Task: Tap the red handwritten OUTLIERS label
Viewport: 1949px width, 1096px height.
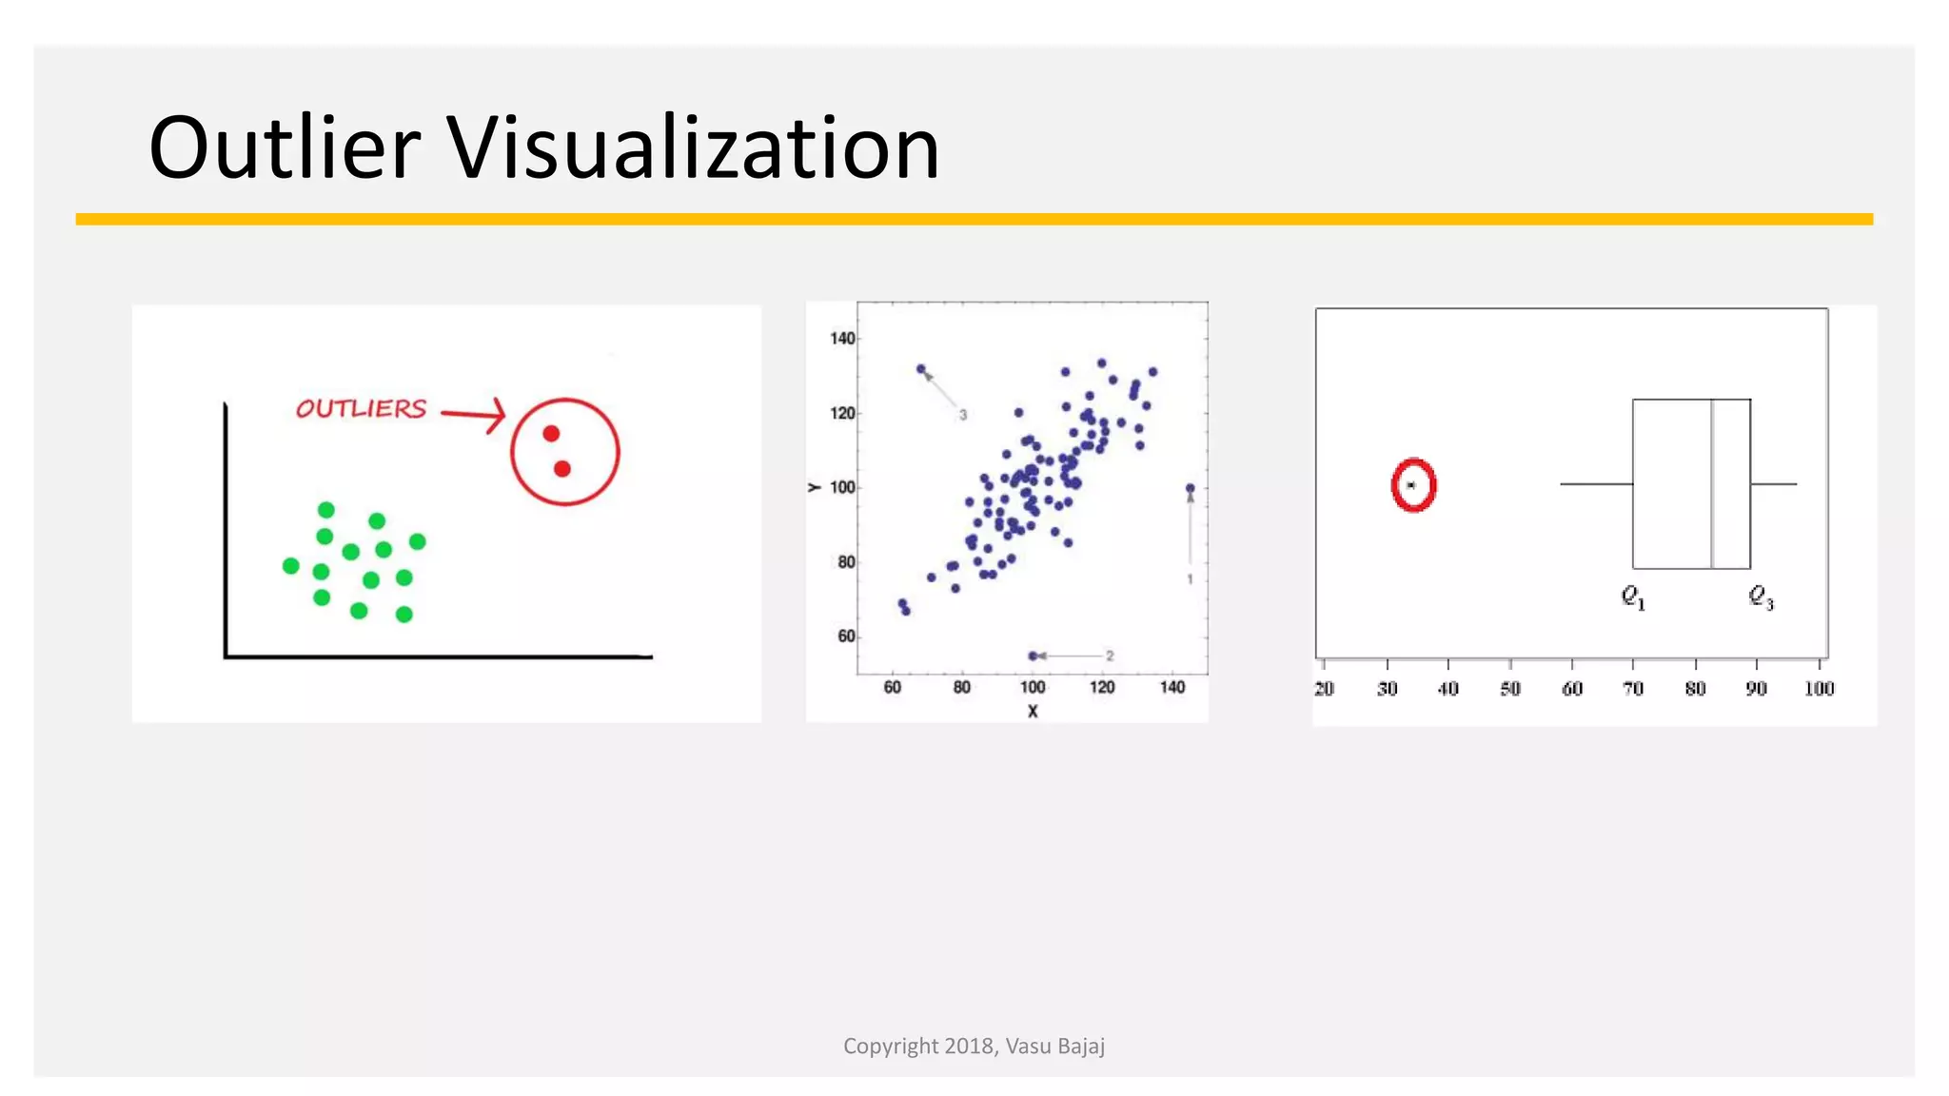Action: tap(362, 409)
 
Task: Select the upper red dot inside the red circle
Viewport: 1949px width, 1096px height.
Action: tap(551, 434)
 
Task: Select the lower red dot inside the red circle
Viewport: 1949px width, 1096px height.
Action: tap(562, 469)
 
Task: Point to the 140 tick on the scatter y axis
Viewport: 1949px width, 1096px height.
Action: tap(842, 339)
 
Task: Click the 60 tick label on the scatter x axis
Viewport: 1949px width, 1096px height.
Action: tap(892, 688)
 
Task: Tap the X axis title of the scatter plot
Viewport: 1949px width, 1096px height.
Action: tap(1033, 712)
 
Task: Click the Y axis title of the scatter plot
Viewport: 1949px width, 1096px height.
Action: tap(815, 487)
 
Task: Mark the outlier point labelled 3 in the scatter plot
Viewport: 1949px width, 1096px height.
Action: tap(920, 369)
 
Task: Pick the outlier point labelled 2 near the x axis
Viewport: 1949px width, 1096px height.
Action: tap(1033, 656)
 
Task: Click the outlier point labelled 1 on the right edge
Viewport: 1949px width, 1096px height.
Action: tap(1190, 489)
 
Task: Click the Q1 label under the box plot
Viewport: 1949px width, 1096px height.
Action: tap(1633, 597)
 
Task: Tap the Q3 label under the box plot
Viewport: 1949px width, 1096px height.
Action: tap(1761, 597)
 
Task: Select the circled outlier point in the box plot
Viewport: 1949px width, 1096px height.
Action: tap(1411, 485)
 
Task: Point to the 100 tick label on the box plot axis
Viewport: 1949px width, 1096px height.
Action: tap(1819, 689)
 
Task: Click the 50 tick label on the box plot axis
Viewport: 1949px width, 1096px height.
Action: tap(1510, 689)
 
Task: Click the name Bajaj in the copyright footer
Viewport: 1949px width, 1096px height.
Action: tap(1080, 1047)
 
